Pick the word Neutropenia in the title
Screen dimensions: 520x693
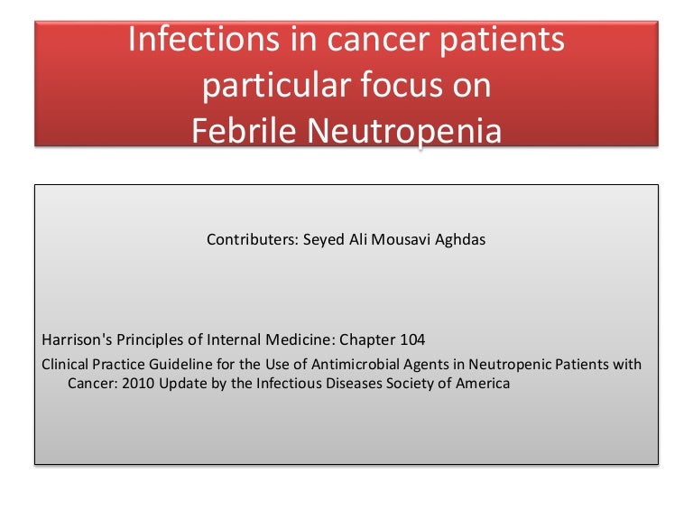405,132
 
